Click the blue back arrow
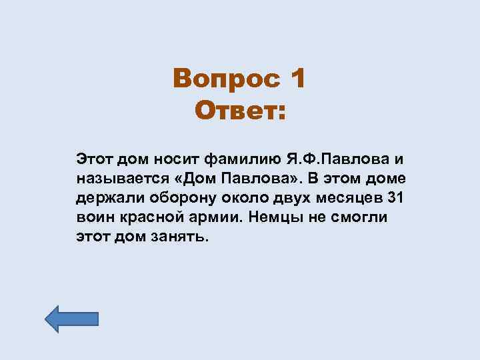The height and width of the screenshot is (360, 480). [x=71, y=319]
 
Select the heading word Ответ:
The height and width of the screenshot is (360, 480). [x=239, y=110]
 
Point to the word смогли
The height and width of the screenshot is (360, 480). [x=360, y=218]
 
